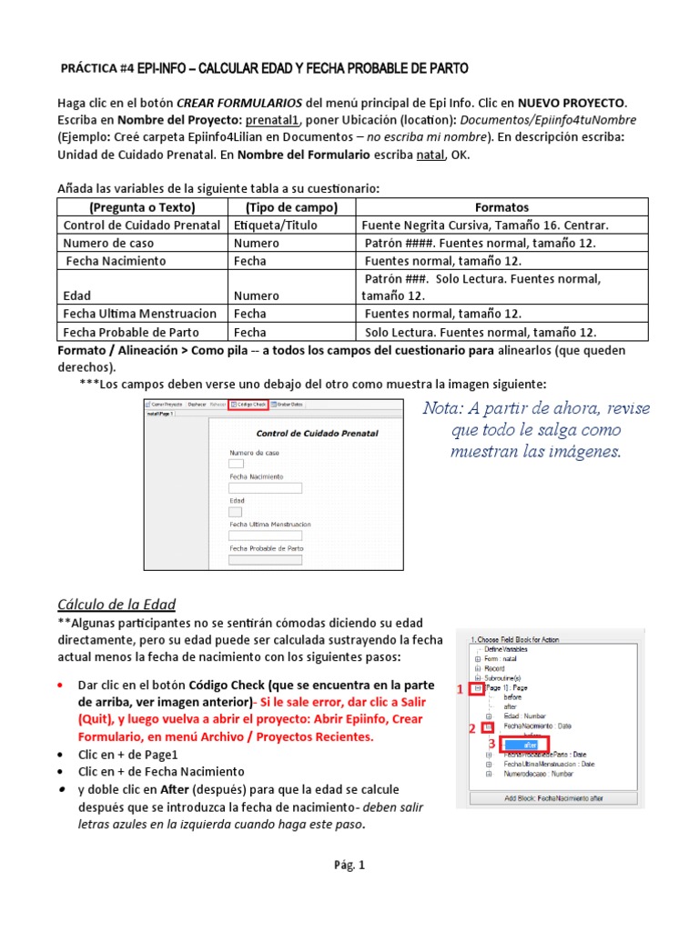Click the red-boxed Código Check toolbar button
coord(248,404)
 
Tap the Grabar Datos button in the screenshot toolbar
coord(289,404)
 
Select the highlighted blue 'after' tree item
coord(531,745)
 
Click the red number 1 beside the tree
coord(460,691)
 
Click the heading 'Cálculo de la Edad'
coord(116,605)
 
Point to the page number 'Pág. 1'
coord(349,866)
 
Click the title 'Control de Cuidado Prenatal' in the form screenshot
coord(317,434)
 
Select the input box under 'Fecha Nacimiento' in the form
coord(264,488)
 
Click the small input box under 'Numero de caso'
coord(236,465)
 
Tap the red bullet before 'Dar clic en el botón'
coord(60,684)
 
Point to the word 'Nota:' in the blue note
coord(445,408)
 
